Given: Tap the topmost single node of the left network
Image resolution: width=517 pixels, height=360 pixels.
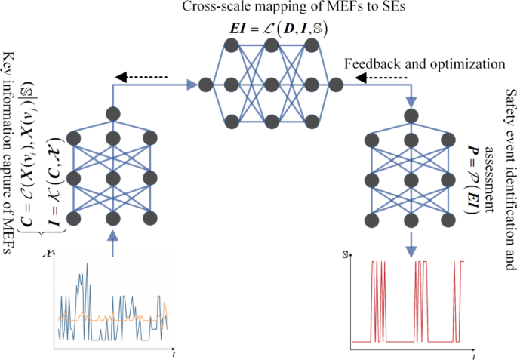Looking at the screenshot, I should point(112,114).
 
